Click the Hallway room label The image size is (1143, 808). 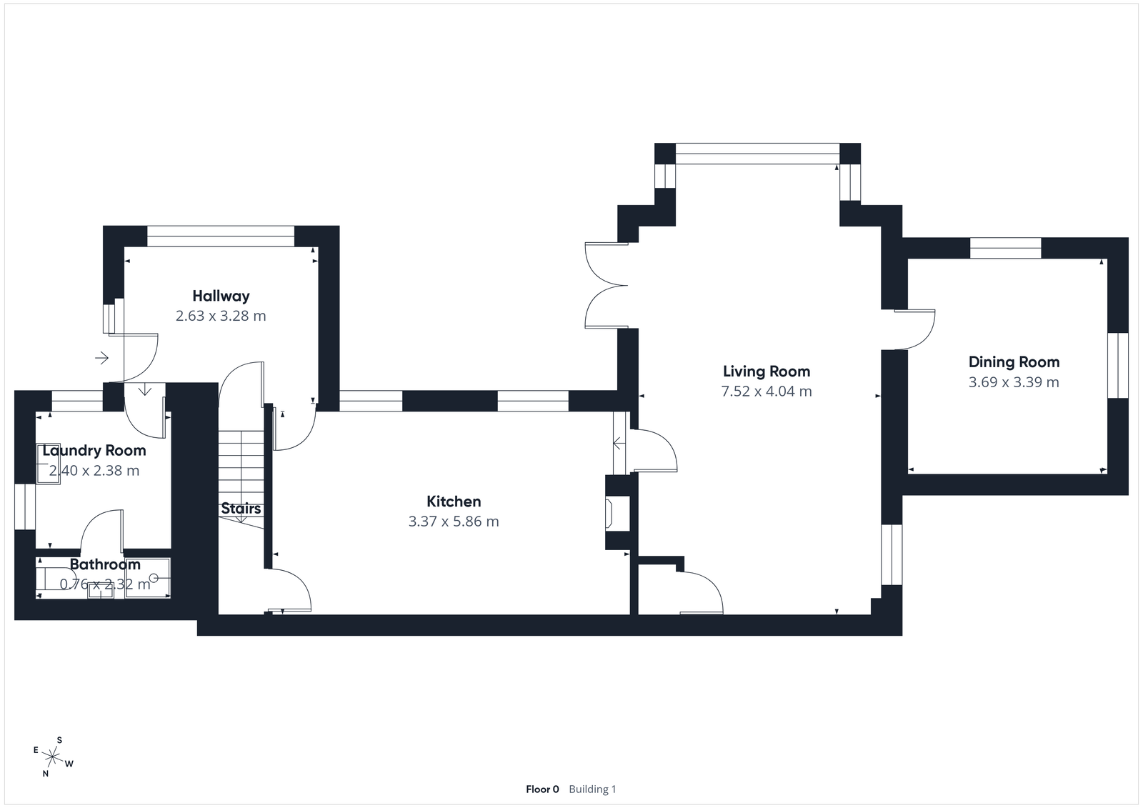(x=221, y=296)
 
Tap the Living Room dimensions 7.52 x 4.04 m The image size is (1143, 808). (x=767, y=391)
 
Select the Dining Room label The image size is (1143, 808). (x=1014, y=362)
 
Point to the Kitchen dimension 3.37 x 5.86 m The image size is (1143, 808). (x=454, y=522)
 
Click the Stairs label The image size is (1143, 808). (x=241, y=509)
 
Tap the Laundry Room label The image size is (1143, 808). (x=94, y=451)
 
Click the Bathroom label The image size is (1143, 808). (x=105, y=564)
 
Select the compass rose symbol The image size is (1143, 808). (x=53, y=756)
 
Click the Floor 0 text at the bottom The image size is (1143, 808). (x=542, y=789)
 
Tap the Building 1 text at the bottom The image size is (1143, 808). (x=592, y=789)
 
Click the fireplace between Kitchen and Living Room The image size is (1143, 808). (x=612, y=514)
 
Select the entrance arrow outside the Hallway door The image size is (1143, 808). (x=102, y=357)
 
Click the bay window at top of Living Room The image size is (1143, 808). (x=757, y=154)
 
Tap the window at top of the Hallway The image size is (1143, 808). (x=221, y=236)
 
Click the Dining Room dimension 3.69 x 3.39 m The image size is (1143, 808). (x=1014, y=382)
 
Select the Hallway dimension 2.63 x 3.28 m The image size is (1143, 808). (x=221, y=316)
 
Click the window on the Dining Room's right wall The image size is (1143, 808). (x=1118, y=365)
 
